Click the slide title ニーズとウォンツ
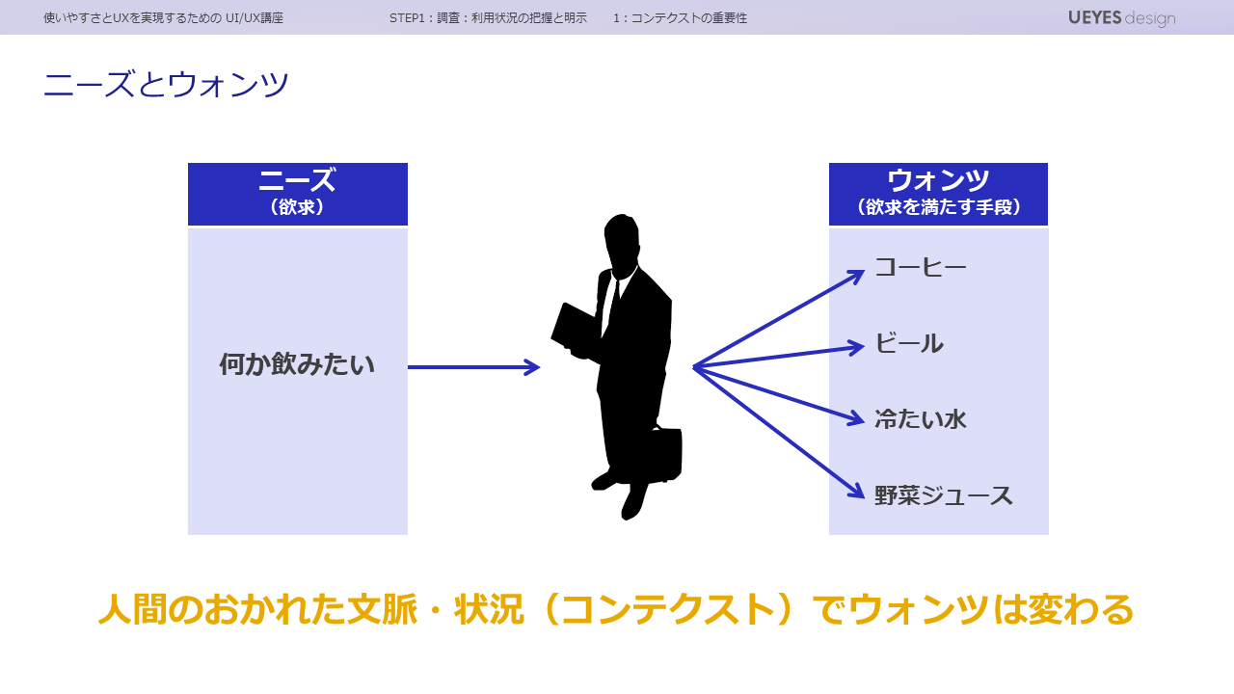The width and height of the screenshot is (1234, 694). click(x=166, y=85)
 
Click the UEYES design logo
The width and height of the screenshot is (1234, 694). click(x=1121, y=17)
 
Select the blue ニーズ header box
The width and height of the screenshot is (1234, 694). click(x=297, y=194)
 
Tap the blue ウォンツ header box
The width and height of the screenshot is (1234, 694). click(x=938, y=194)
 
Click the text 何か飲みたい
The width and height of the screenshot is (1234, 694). click(x=297, y=365)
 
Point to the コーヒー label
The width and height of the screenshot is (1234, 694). click(x=920, y=268)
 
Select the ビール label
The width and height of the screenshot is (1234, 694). click(x=908, y=344)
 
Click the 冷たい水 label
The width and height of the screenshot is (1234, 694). click(x=920, y=419)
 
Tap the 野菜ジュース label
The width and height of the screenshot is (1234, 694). click(x=943, y=495)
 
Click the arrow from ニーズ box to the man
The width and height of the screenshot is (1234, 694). click(x=472, y=367)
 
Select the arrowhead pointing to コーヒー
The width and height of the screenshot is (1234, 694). click(x=857, y=275)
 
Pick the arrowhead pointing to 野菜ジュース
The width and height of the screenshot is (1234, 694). click(x=856, y=492)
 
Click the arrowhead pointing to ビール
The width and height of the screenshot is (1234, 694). click(x=856, y=346)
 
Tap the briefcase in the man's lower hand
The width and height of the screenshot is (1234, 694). click(x=661, y=453)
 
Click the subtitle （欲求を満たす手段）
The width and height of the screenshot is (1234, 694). click(x=938, y=207)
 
